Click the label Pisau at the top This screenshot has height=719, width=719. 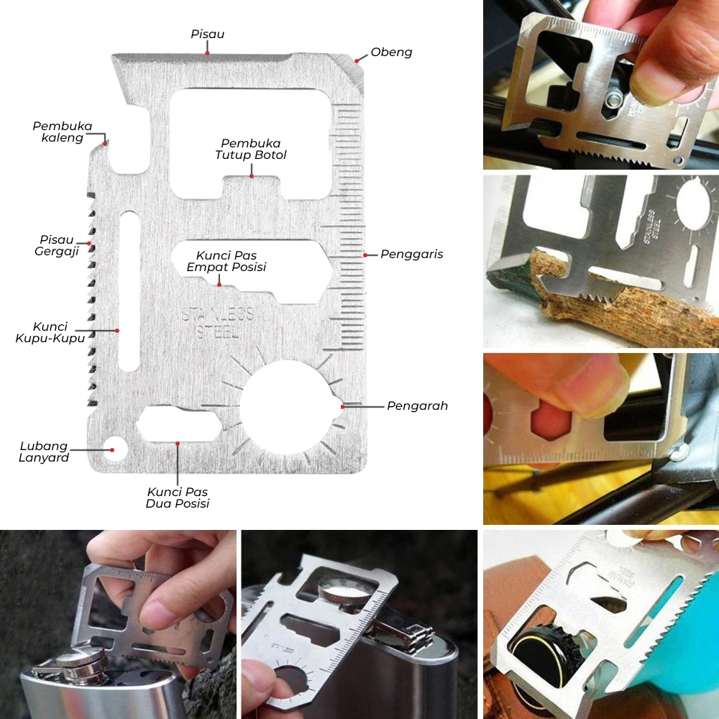pyautogui.click(x=208, y=34)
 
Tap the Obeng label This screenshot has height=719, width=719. pyautogui.click(x=391, y=52)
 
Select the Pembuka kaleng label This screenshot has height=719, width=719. pyautogui.click(x=63, y=132)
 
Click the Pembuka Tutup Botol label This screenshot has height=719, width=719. pyautogui.click(x=251, y=150)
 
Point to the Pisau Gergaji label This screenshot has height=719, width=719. pyautogui.click(x=57, y=246)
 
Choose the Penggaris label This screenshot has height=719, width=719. pyautogui.click(x=412, y=255)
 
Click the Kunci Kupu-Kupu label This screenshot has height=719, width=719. pyautogui.click(x=50, y=332)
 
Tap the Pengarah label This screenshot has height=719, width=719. pyautogui.click(x=417, y=406)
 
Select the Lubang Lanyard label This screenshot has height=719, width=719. pyautogui.click(x=44, y=452)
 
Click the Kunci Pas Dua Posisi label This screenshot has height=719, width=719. pyautogui.click(x=178, y=498)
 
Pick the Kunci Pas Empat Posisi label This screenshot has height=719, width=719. pyautogui.click(x=226, y=262)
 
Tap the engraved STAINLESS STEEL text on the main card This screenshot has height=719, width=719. pyautogui.click(x=218, y=322)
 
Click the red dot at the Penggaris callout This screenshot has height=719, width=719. pyautogui.click(x=365, y=255)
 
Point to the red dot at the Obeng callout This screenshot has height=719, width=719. pyautogui.click(x=357, y=61)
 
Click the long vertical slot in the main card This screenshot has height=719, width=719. pyautogui.click(x=129, y=291)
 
